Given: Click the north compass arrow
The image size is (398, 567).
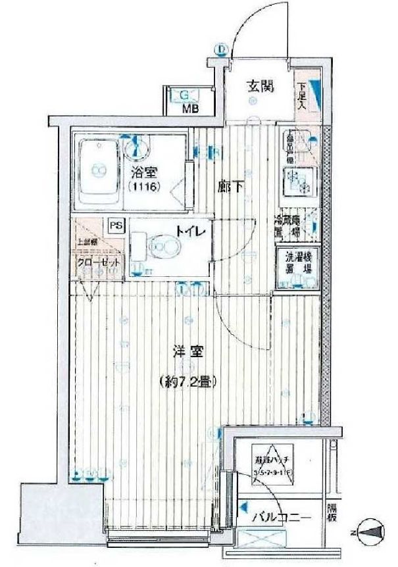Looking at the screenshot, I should click(x=370, y=531).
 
